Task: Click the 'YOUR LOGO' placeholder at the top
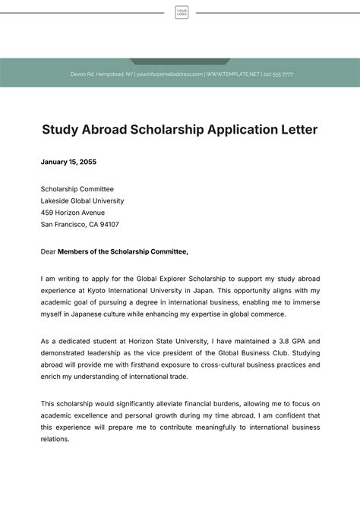[x=182, y=12]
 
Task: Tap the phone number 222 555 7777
[x=278, y=74]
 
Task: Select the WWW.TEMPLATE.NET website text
[x=233, y=74]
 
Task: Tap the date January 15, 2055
[x=68, y=162]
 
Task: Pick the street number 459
[x=47, y=213]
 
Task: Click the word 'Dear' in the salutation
[x=49, y=251]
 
